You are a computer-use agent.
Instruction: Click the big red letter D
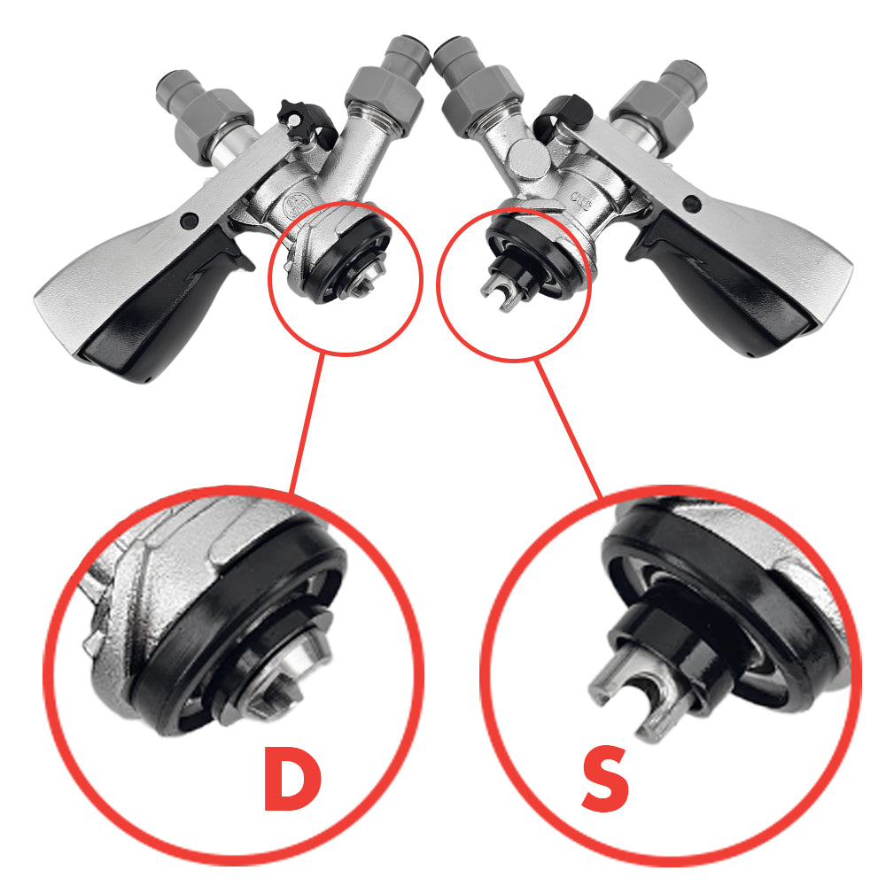(292, 778)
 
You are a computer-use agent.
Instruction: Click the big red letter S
(605, 779)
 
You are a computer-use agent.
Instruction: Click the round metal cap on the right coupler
(527, 159)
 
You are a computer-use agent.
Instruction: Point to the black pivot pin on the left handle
(190, 221)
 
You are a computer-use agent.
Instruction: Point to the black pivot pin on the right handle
(692, 204)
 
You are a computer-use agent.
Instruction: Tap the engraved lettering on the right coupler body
(580, 200)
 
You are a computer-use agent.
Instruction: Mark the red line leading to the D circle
(307, 424)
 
